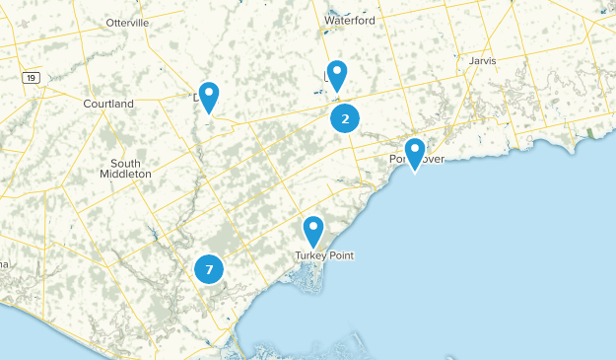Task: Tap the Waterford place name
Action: tap(350, 19)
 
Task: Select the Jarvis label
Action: tap(483, 60)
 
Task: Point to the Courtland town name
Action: tap(108, 104)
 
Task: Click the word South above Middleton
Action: tap(125, 163)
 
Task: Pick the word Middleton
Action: tap(125, 174)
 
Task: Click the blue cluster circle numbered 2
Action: tap(344, 119)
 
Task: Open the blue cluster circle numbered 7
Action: tap(209, 268)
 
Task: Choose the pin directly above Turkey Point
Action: tap(313, 231)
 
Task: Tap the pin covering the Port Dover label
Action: tap(415, 152)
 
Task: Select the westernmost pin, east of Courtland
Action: tap(208, 96)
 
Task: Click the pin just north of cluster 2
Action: tap(337, 74)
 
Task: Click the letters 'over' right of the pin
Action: tap(433, 159)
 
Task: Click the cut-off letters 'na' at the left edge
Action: tap(4, 263)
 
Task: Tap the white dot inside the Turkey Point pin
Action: tap(313, 228)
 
